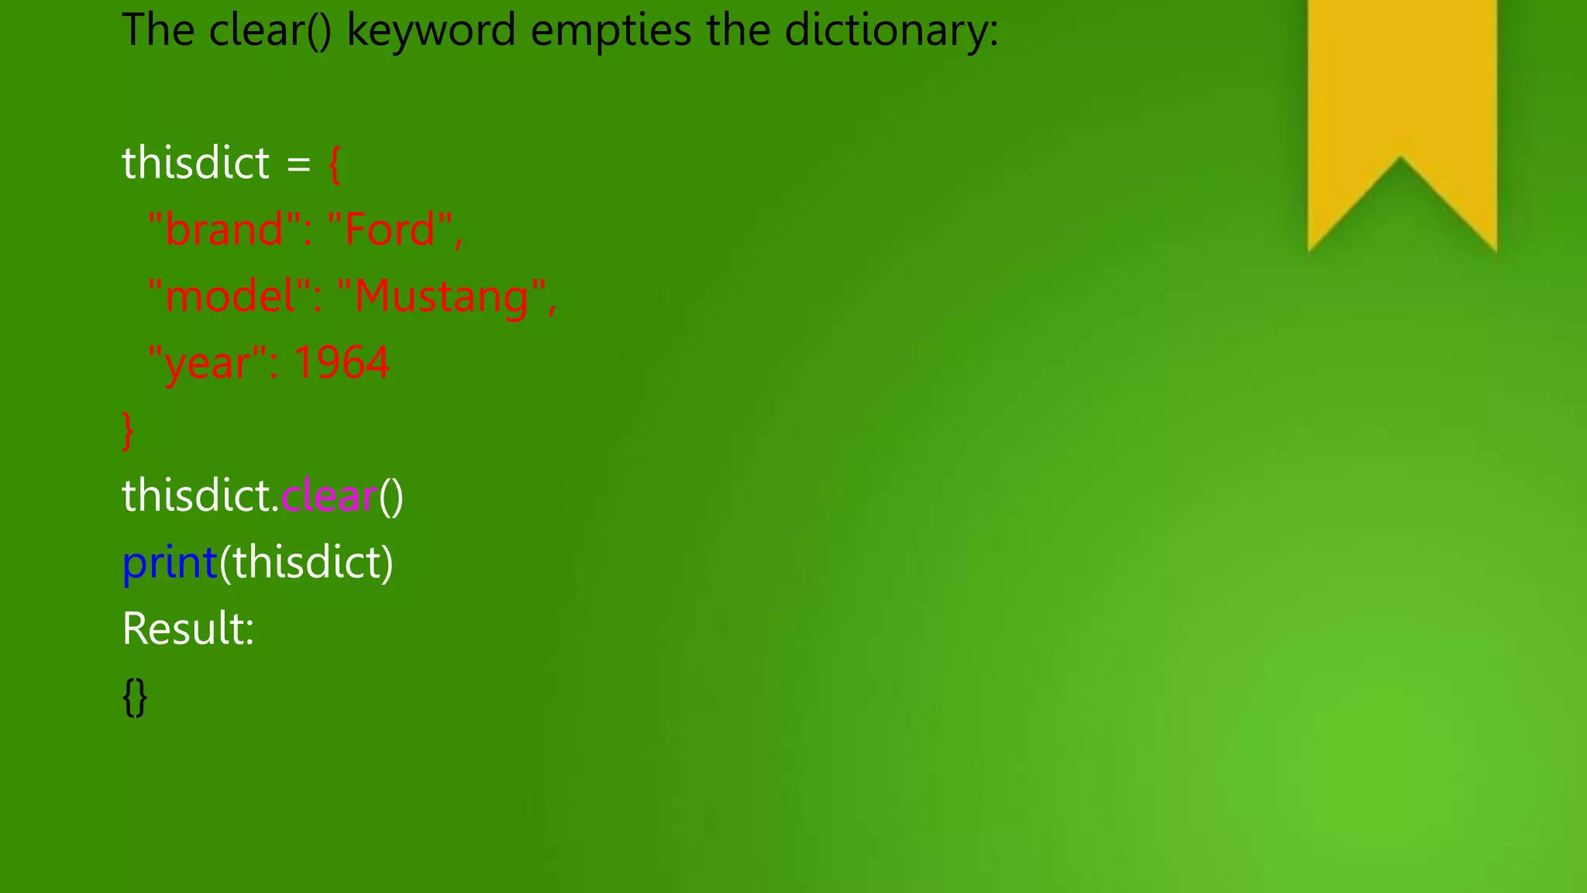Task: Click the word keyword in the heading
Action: coord(430,31)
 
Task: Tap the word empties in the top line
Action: coord(611,31)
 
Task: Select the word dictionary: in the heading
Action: coord(891,31)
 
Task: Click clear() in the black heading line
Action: coord(270,31)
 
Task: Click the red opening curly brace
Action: coord(334,164)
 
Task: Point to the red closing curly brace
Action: coord(128,430)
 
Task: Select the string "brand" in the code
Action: coord(225,230)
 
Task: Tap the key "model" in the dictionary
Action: coord(230,297)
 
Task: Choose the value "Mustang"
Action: coord(441,297)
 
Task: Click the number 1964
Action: coord(341,363)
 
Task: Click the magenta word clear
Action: coord(329,496)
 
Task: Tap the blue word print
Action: coord(170,563)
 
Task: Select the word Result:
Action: coord(188,629)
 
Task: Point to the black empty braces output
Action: coord(135,696)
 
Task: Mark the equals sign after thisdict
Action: coord(299,164)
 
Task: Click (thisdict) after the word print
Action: coord(306,563)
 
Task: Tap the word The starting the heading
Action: coord(158,31)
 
